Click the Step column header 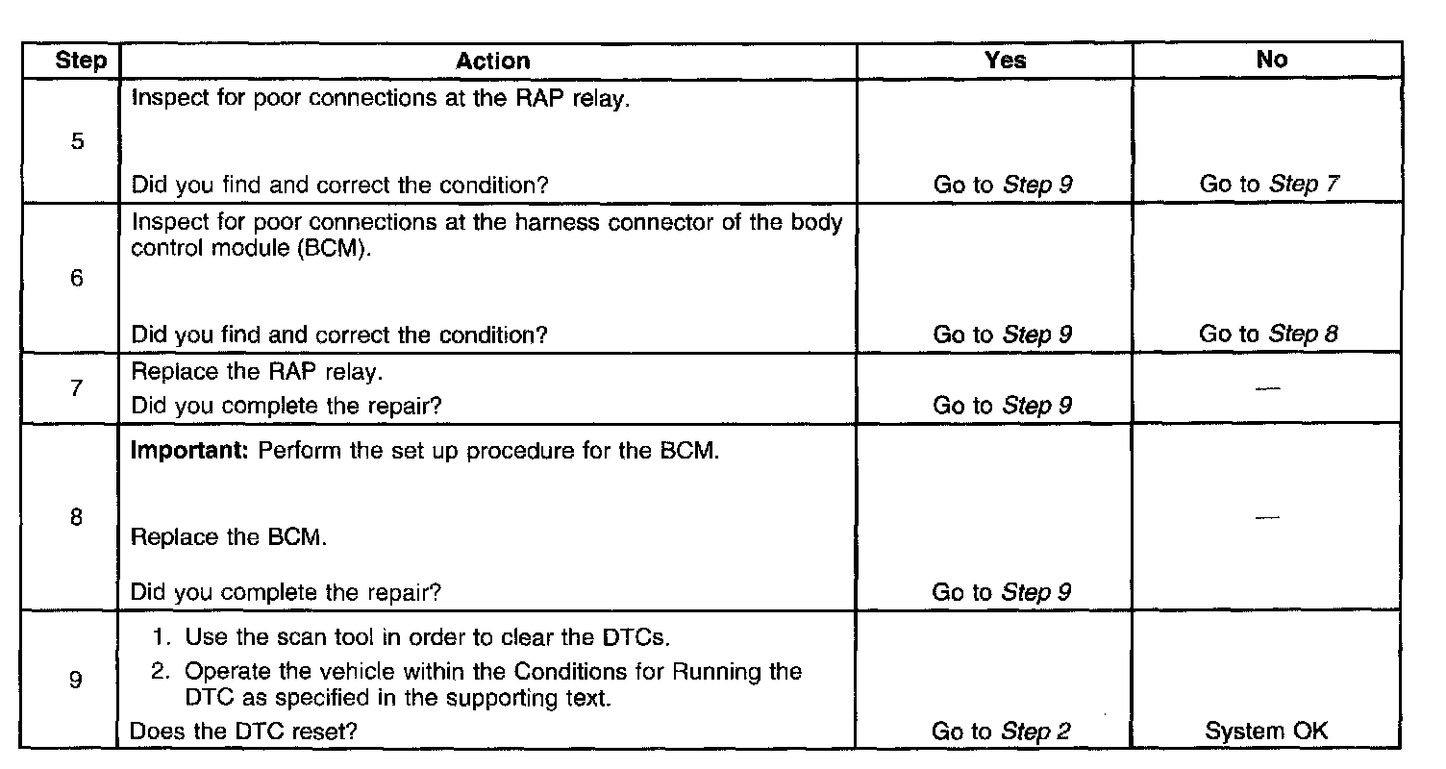pyautogui.click(x=81, y=61)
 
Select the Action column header pyautogui.click(x=492, y=61)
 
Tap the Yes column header pyautogui.click(x=1005, y=60)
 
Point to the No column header pyautogui.click(x=1271, y=60)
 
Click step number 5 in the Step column pyautogui.click(x=77, y=142)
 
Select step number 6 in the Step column pyautogui.click(x=77, y=280)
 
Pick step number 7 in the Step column pyautogui.click(x=77, y=388)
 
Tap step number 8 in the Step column pyautogui.click(x=77, y=517)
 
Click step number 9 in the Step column pyautogui.click(x=77, y=680)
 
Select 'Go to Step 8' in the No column pyautogui.click(x=1268, y=335)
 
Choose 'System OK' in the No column pyautogui.click(x=1266, y=731)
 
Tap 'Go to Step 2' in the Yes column pyautogui.click(x=1002, y=732)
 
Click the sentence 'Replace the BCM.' pyautogui.click(x=229, y=537)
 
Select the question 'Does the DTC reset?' pyautogui.click(x=243, y=732)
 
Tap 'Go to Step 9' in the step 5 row pyautogui.click(x=1003, y=184)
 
